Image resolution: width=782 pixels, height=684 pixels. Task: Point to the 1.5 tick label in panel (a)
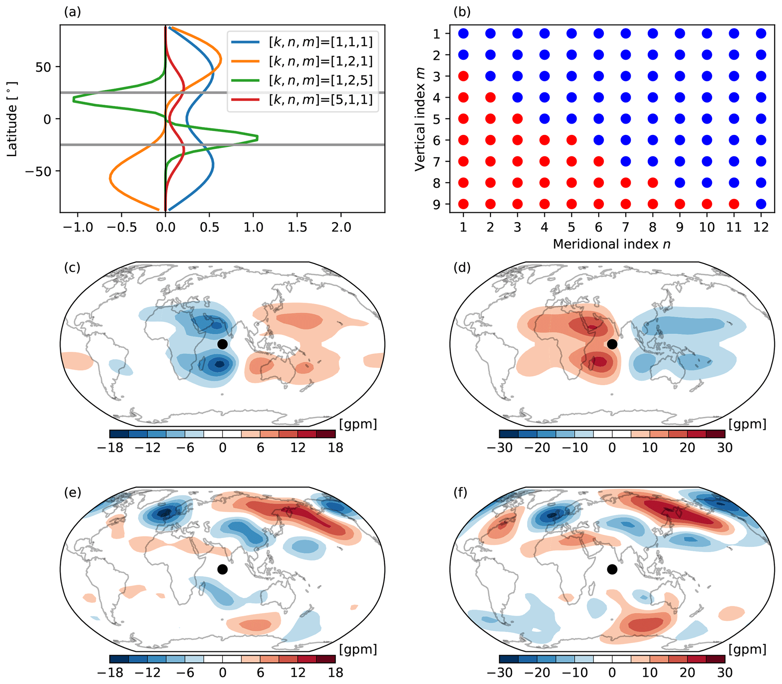(297, 228)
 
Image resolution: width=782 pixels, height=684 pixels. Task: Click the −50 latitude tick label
(38, 172)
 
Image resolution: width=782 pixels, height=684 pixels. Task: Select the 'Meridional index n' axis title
(612, 244)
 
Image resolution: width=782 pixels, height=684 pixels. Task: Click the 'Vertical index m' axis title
(420, 119)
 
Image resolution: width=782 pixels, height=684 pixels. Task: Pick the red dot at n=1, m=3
(463, 76)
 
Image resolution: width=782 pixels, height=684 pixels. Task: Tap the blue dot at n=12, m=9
(760, 204)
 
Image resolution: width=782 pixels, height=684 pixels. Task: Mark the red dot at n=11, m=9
(734, 204)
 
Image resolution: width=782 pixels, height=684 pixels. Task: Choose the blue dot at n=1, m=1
(463, 34)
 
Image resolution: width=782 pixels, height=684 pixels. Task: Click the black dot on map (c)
(222, 344)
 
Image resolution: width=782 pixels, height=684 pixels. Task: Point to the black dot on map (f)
(612, 569)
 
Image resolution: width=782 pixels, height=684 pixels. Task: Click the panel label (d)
(462, 268)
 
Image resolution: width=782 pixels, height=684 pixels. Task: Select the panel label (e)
(72, 493)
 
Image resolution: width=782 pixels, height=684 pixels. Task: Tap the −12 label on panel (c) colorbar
(148, 448)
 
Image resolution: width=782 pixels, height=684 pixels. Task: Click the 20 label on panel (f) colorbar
(687, 673)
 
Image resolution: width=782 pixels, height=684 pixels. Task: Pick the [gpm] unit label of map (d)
(747, 424)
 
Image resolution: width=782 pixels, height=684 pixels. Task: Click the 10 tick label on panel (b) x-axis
(706, 228)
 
